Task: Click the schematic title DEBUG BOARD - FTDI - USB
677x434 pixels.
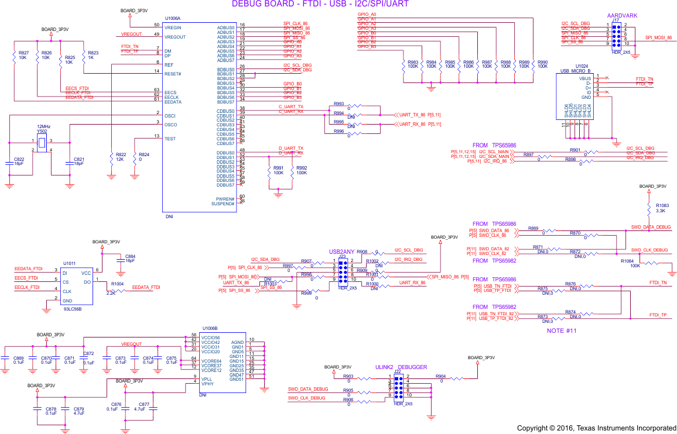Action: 320,4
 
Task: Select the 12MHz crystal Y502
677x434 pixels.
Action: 42,141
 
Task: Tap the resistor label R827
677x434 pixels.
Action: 23,53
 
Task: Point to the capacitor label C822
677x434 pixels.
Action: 19,159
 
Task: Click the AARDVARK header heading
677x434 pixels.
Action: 623,15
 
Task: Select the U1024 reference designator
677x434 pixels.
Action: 582,66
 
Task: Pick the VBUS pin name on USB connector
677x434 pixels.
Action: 584,78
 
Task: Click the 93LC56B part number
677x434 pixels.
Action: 73,309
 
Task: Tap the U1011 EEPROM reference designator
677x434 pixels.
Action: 70,264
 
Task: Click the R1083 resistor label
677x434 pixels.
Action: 662,206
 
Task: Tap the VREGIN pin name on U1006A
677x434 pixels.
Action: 173,27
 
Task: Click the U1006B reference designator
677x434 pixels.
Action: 210,329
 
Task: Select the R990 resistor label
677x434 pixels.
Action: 542,62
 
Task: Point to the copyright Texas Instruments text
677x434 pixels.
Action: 596,428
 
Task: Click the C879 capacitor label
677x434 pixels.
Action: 78,409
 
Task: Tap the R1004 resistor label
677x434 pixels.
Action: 118,284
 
